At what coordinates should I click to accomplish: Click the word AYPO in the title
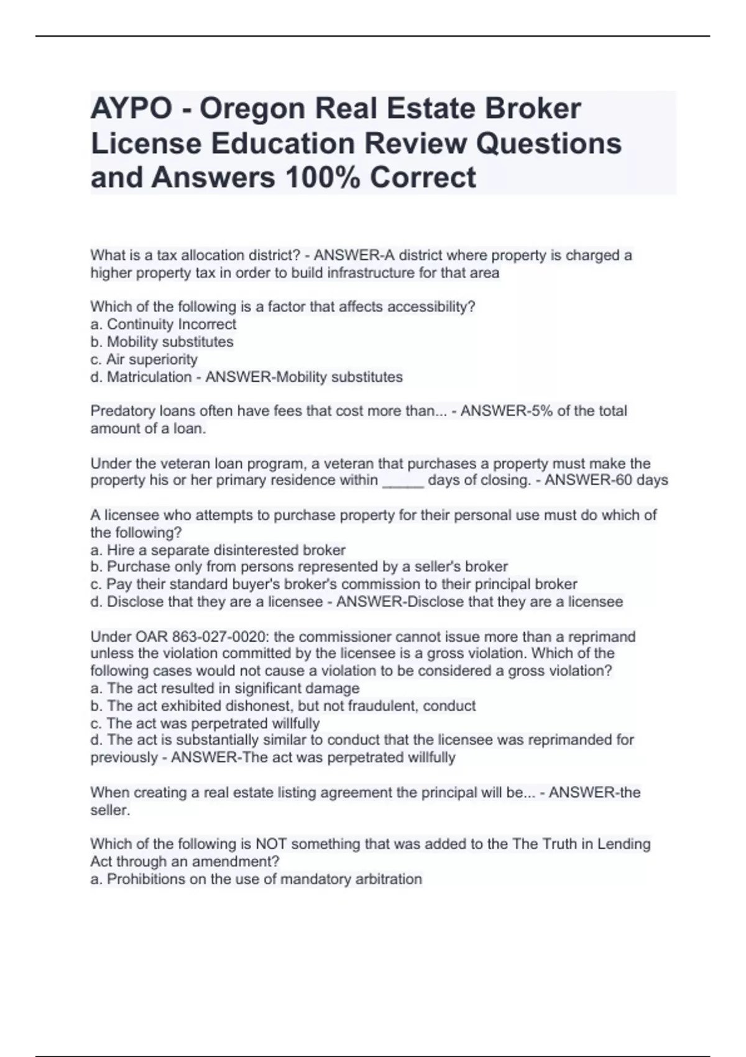(x=131, y=109)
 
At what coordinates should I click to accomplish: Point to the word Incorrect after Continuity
(x=207, y=325)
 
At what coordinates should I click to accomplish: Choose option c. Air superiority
(x=144, y=359)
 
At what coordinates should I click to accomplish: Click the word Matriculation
(x=149, y=377)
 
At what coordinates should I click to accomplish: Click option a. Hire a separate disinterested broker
(x=218, y=550)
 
